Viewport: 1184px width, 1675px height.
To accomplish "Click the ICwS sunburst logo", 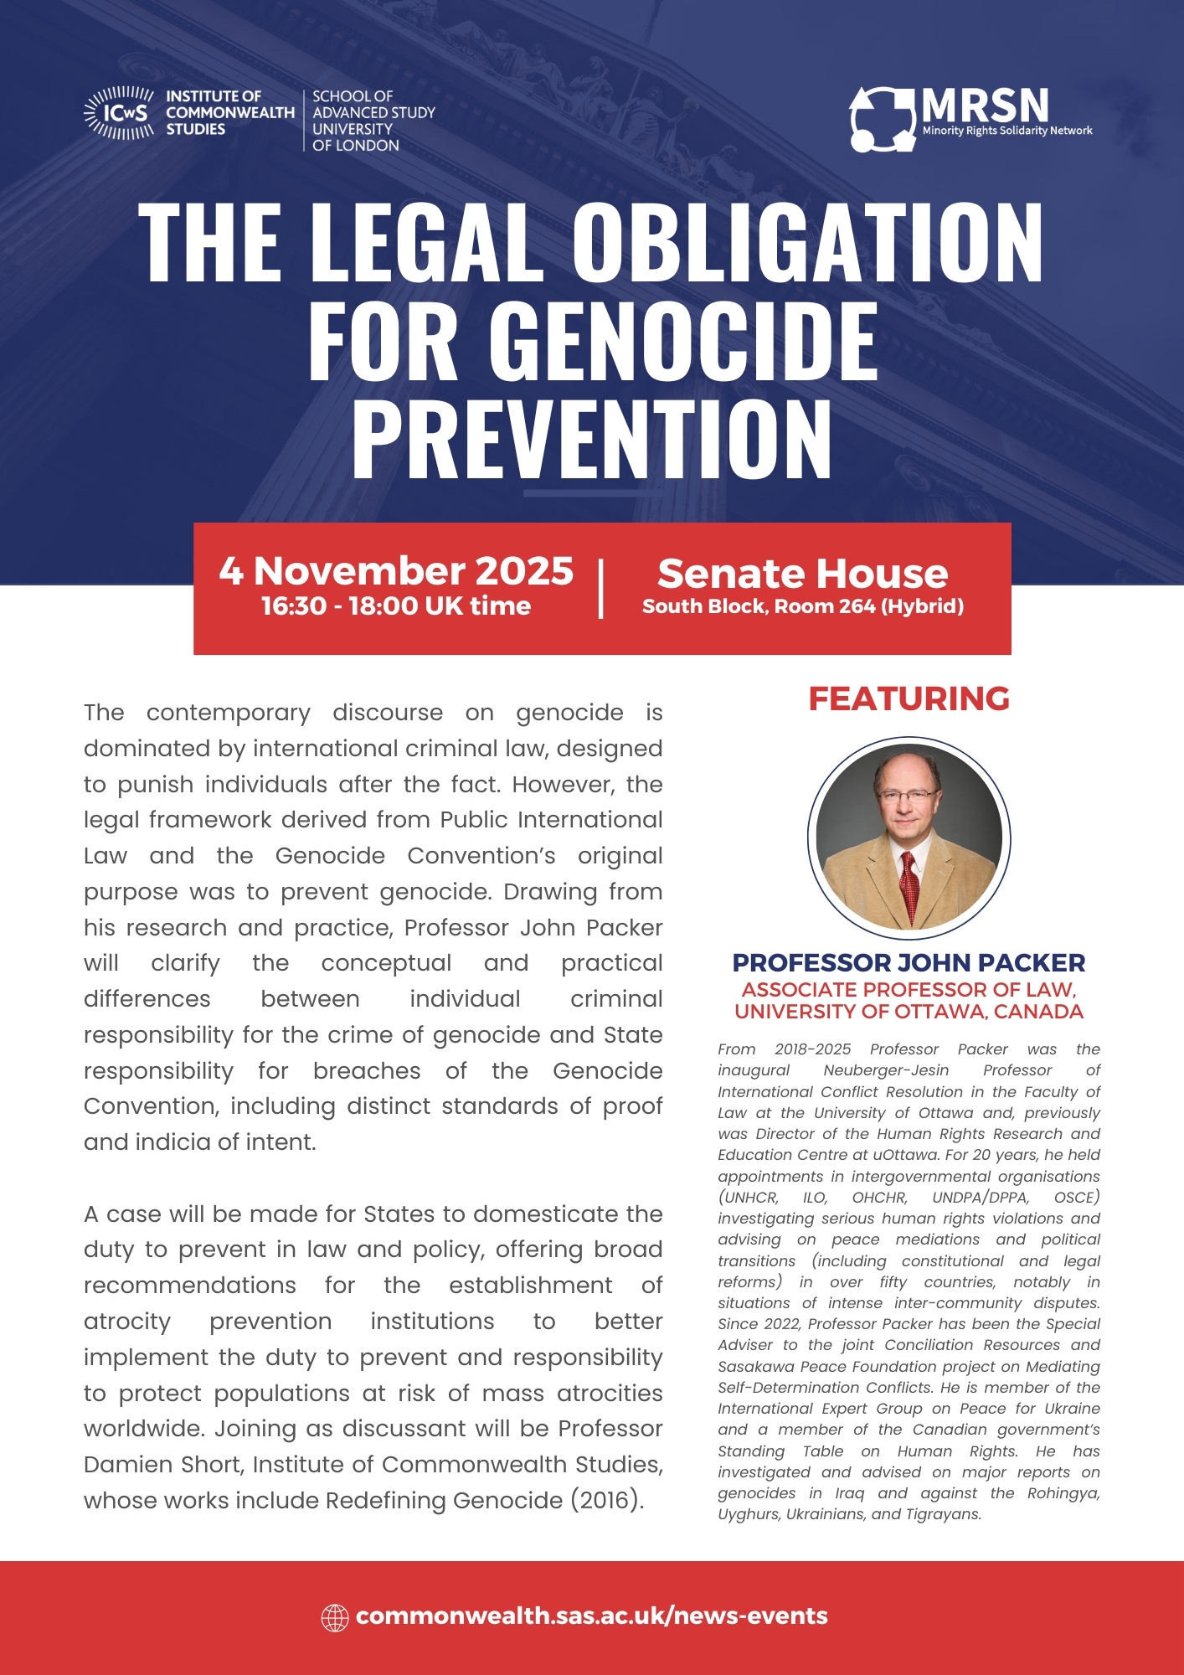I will click(x=119, y=112).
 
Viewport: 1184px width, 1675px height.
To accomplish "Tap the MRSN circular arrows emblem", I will click(x=883, y=120).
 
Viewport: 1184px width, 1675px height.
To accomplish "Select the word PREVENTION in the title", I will click(x=592, y=439).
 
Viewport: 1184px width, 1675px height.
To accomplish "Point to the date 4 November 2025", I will click(x=396, y=571).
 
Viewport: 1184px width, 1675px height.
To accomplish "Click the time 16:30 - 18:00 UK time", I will click(x=396, y=606).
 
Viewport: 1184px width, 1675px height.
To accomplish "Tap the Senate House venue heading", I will click(x=802, y=574).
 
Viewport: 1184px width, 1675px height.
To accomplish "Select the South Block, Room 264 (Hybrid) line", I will click(x=802, y=606).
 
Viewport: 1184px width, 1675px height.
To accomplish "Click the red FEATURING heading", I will click(x=909, y=698).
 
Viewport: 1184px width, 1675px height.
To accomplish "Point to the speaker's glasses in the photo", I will click(x=908, y=795).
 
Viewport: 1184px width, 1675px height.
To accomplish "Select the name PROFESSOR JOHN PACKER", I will click(x=909, y=963).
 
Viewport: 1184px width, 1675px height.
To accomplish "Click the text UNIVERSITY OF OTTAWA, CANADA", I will click(x=909, y=1012).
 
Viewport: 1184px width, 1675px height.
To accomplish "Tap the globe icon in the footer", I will click(x=335, y=1617).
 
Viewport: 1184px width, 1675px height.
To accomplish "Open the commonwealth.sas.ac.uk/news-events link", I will click(x=591, y=1616).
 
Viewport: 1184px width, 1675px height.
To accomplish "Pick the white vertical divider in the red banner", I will click(x=601, y=589).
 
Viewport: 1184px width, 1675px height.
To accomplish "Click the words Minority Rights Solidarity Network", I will click(x=1006, y=131).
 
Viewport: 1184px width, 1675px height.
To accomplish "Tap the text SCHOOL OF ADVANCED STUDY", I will click(x=373, y=105).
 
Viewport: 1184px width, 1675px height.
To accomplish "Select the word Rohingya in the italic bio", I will click(x=1058, y=1493).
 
